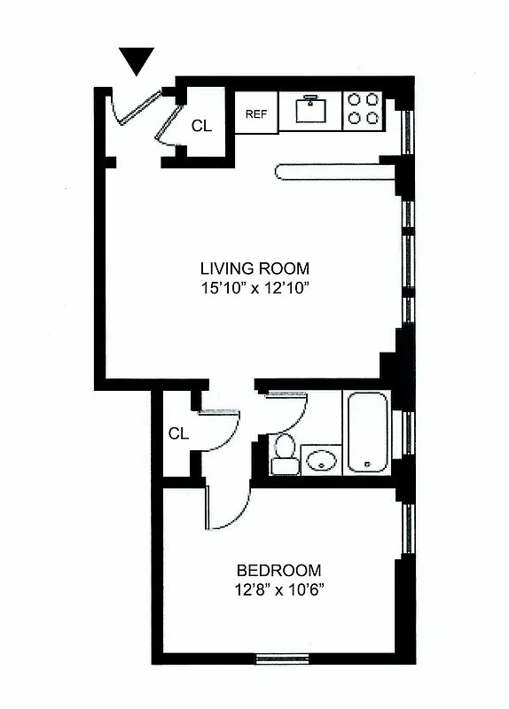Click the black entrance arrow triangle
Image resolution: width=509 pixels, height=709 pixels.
click(x=137, y=61)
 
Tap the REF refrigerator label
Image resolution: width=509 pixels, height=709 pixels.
click(x=256, y=113)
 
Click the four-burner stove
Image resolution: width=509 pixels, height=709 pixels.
click(x=363, y=109)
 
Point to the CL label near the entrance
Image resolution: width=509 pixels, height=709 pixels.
click(x=201, y=126)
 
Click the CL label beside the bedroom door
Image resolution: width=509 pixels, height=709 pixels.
click(x=178, y=433)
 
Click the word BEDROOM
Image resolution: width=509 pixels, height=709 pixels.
click(x=278, y=571)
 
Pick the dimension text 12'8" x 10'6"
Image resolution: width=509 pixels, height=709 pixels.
click(x=278, y=590)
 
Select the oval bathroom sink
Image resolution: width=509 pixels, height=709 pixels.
click(x=320, y=459)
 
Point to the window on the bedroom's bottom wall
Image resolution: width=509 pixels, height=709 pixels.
click(x=281, y=658)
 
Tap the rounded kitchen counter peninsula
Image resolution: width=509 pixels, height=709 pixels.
click(x=334, y=171)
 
